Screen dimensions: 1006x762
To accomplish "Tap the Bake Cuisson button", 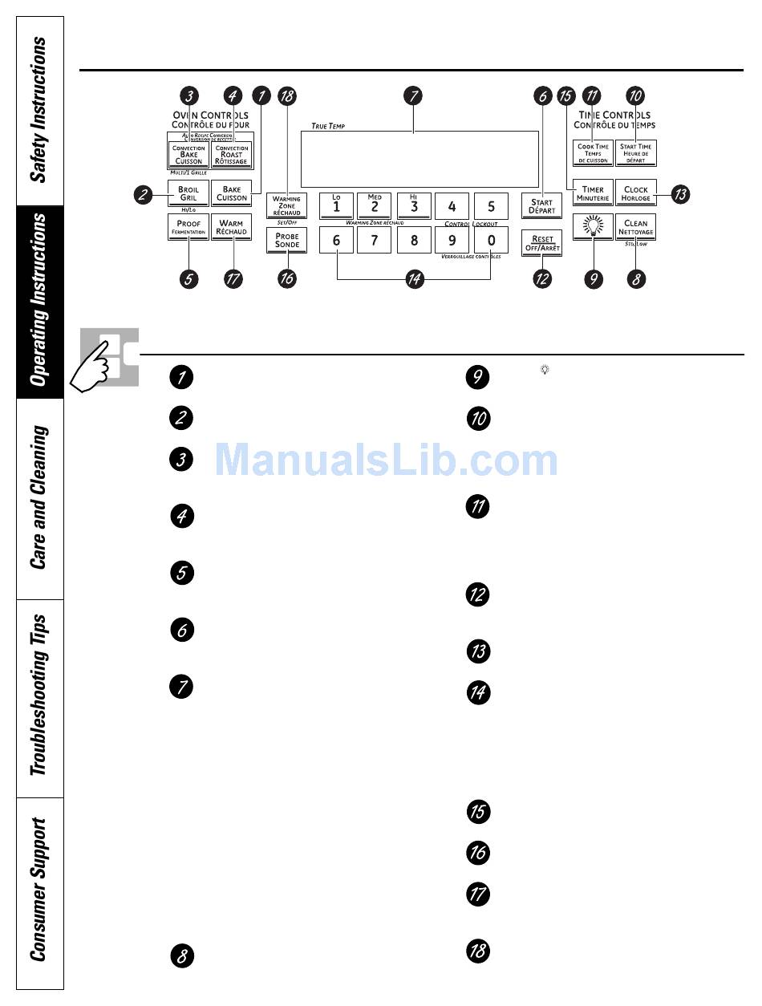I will tap(232, 194).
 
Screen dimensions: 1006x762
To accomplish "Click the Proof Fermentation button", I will tap(188, 226).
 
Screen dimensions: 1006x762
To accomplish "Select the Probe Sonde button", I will tap(286, 240).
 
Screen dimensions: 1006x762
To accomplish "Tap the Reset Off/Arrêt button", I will tap(542, 243).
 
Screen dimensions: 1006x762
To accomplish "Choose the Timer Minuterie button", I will tap(593, 193).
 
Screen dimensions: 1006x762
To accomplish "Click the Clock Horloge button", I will tap(636, 193).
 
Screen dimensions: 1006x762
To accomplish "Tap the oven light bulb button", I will tap(593, 226).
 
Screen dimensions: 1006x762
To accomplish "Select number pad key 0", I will tap(491, 240).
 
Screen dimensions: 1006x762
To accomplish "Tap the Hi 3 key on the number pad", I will tap(414, 205).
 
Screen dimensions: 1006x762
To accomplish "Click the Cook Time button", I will tap(593, 152).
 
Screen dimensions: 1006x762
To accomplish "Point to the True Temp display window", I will tap(419, 159).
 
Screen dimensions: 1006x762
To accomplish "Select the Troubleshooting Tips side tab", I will tap(39, 697).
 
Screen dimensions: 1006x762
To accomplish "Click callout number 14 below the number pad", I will tap(415, 279).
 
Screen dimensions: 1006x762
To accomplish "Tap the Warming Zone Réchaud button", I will tap(286, 205).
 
